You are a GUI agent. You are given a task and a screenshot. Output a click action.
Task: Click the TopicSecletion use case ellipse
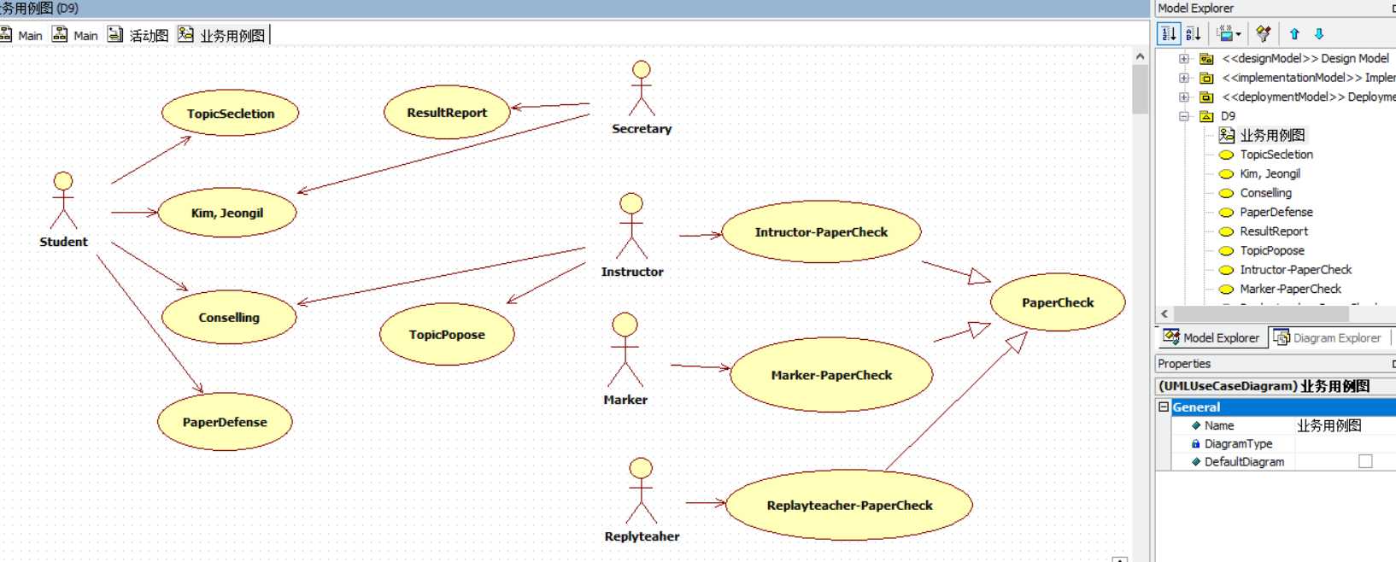point(230,114)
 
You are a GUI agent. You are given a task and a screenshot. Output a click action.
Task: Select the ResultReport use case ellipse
point(447,112)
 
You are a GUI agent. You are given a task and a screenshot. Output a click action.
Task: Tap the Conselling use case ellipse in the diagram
point(229,317)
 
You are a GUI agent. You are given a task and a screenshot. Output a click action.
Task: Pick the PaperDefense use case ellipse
point(225,422)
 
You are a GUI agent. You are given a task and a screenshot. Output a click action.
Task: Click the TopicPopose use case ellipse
point(447,335)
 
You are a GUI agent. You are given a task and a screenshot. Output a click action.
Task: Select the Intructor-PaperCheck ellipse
point(821,231)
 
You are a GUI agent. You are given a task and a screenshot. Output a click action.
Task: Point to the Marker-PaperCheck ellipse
point(831,375)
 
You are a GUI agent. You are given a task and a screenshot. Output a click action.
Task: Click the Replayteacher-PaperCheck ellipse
point(849,505)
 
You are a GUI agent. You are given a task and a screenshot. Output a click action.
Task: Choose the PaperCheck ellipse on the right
point(1058,302)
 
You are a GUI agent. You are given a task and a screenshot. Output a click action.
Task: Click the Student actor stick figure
point(63,201)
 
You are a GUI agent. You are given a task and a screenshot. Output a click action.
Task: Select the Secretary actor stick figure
point(642,89)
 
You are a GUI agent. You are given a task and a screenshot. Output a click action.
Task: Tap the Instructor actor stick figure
point(631,226)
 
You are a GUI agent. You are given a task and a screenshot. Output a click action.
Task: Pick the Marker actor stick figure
point(625,350)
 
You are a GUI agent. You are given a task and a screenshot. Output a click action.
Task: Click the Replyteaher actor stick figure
point(641,491)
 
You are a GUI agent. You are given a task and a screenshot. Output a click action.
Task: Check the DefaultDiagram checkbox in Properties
point(1365,461)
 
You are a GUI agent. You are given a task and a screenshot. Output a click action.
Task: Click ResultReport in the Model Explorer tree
point(1274,231)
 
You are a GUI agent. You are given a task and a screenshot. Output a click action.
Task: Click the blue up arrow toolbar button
point(1294,34)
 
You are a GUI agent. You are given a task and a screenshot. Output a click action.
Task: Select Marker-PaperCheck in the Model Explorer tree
point(1290,289)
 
